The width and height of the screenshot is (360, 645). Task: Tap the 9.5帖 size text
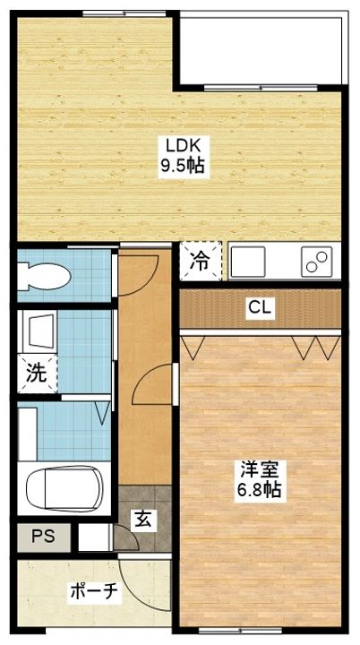(x=176, y=167)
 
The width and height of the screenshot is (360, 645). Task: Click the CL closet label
(x=261, y=308)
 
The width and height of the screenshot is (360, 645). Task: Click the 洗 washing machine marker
(x=36, y=374)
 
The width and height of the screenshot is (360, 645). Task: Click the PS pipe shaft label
(x=41, y=538)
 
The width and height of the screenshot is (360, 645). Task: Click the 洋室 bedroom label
(x=261, y=468)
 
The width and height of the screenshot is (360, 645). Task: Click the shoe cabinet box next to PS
(x=91, y=537)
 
